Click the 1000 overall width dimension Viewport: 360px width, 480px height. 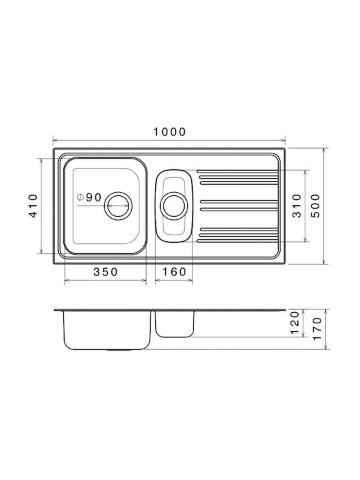point(169,132)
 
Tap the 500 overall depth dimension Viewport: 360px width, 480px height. point(315,206)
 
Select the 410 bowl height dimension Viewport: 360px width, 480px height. point(33,206)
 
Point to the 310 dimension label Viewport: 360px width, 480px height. point(297,206)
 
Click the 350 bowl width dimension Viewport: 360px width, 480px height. point(105,271)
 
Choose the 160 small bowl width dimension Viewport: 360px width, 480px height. point(174,271)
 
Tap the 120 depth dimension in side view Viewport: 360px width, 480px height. point(294,323)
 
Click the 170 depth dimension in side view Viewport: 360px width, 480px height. point(317,329)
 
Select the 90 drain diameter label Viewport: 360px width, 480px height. point(93,198)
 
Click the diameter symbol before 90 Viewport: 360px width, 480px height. point(80,197)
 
